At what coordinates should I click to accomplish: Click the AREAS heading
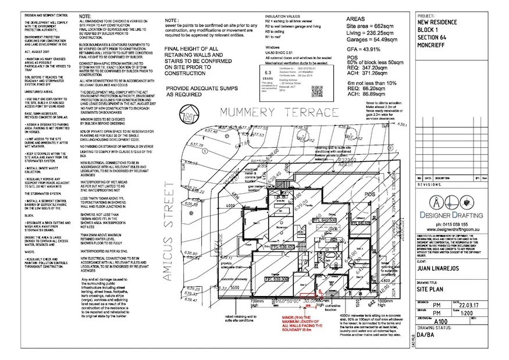pyautogui.click(x=356, y=19)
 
